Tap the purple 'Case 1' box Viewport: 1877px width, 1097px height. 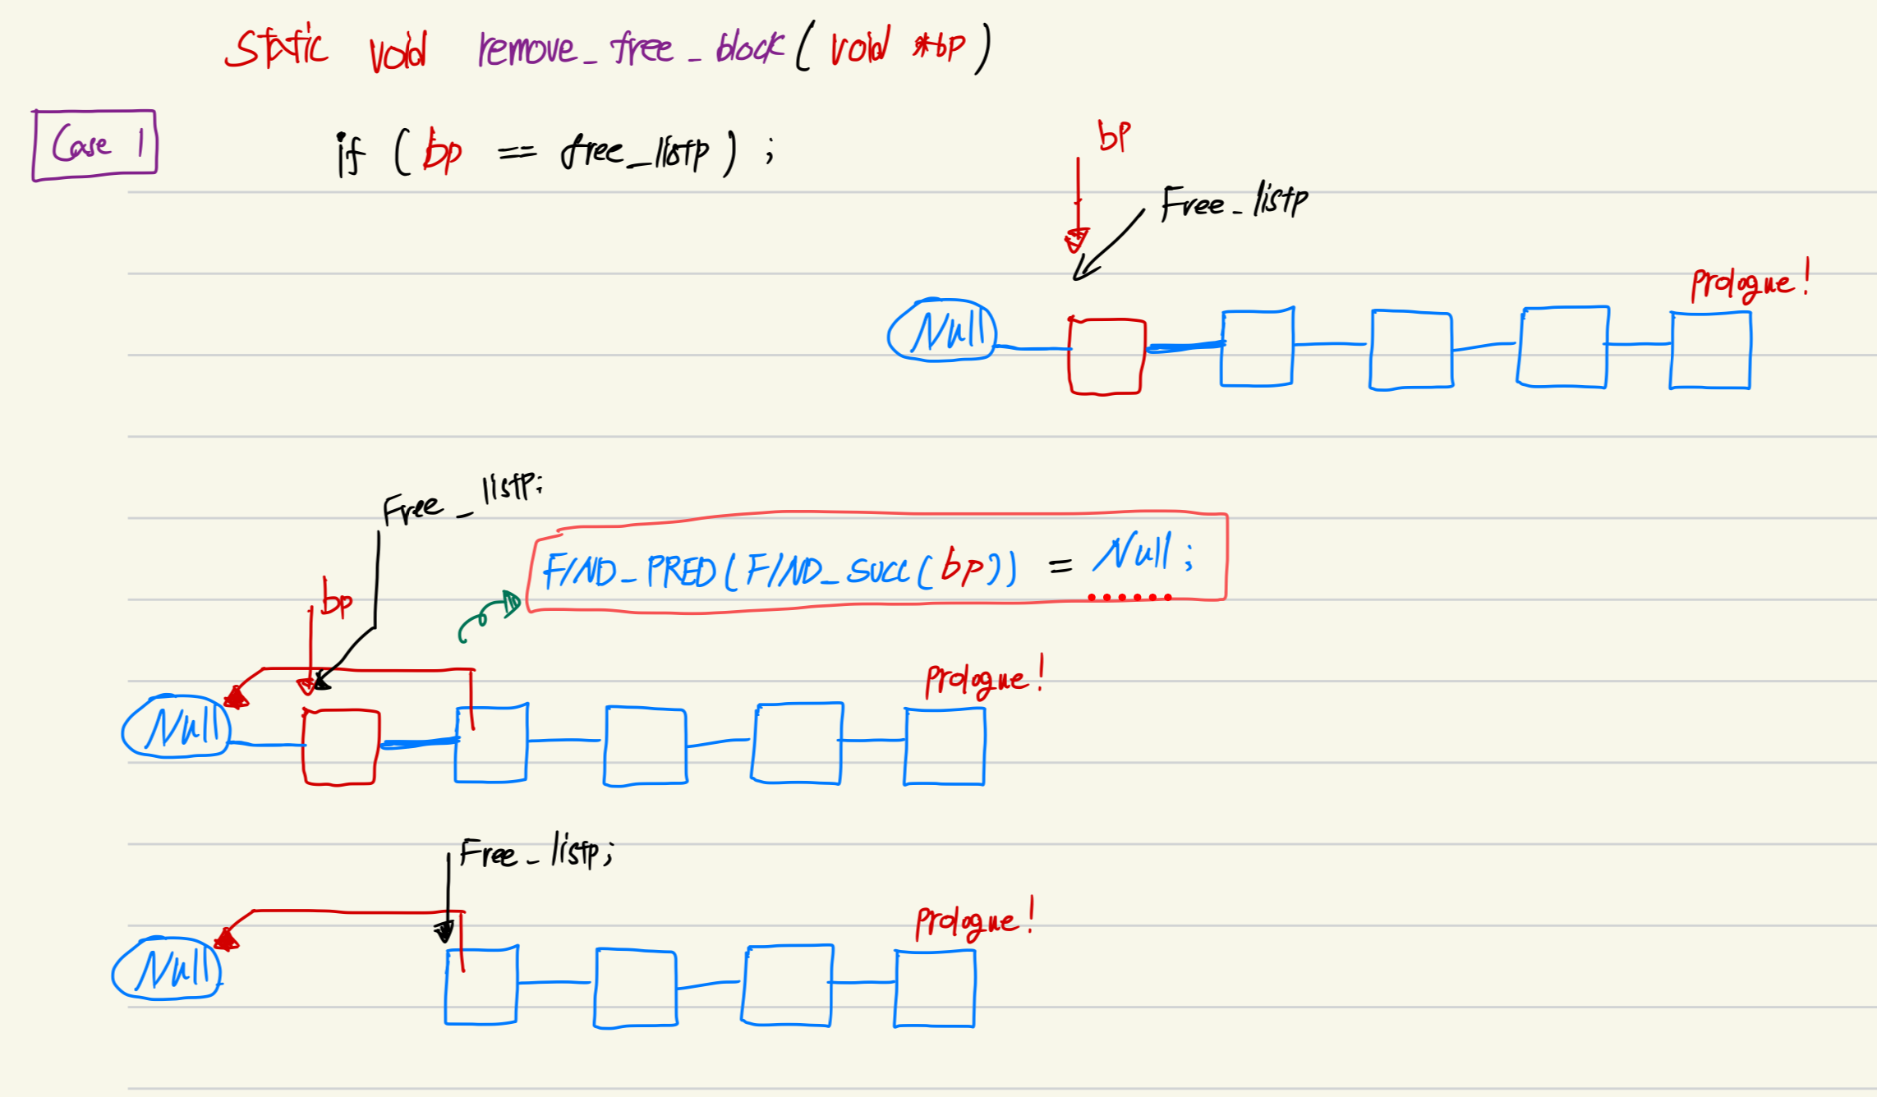tap(94, 145)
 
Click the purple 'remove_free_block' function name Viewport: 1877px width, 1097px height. tap(629, 48)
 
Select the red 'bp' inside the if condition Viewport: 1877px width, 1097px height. tap(443, 152)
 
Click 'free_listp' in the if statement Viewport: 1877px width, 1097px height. tap(635, 153)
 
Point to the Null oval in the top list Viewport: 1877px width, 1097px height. tap(942, 330)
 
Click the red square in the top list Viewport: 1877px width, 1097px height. tap(1106, 356)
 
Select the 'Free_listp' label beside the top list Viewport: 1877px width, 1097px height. tap(1234, 202)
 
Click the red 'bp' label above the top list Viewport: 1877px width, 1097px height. tap(1115, 135)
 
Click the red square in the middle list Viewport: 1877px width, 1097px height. tap(341, 746)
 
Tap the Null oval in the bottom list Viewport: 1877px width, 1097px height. tap(167, 969)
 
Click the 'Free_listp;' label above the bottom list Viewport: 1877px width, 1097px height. tap(536, 852)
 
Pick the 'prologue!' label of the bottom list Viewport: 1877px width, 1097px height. tap(974, 921)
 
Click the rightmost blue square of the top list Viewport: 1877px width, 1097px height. tap(1710, 350)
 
